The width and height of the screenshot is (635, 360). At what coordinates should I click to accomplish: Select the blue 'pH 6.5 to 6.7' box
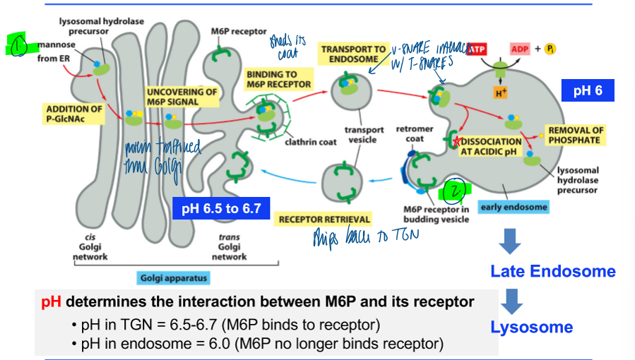pos(221,208)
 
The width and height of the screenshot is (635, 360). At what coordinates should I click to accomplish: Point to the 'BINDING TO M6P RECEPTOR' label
pos(278,79)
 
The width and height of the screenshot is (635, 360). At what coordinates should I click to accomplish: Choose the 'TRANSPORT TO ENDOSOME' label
pos(354,54)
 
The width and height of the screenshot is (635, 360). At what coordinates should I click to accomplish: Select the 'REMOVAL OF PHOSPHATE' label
pos(576,135)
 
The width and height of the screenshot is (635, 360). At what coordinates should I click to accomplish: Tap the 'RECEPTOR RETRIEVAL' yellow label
pos(324,219)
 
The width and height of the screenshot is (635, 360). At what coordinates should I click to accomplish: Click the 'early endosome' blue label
pos(513,207)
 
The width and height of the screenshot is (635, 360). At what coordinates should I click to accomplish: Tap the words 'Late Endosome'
pos(552,272)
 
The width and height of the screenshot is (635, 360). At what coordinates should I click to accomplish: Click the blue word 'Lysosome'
pos(531,327)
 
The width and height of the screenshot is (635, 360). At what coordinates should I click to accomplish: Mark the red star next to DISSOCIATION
pos(458,141)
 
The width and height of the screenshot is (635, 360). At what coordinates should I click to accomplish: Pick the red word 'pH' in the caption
pos(51,302)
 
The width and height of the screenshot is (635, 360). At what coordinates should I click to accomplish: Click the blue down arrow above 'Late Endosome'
pos(510,241)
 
